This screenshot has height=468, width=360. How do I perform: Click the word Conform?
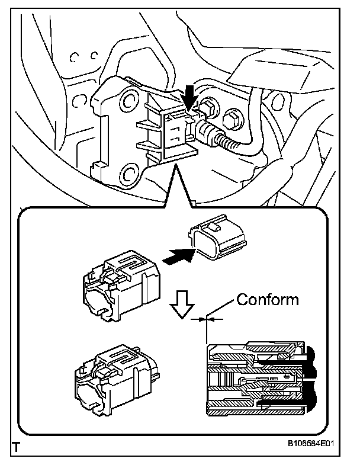pos(268,299)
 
